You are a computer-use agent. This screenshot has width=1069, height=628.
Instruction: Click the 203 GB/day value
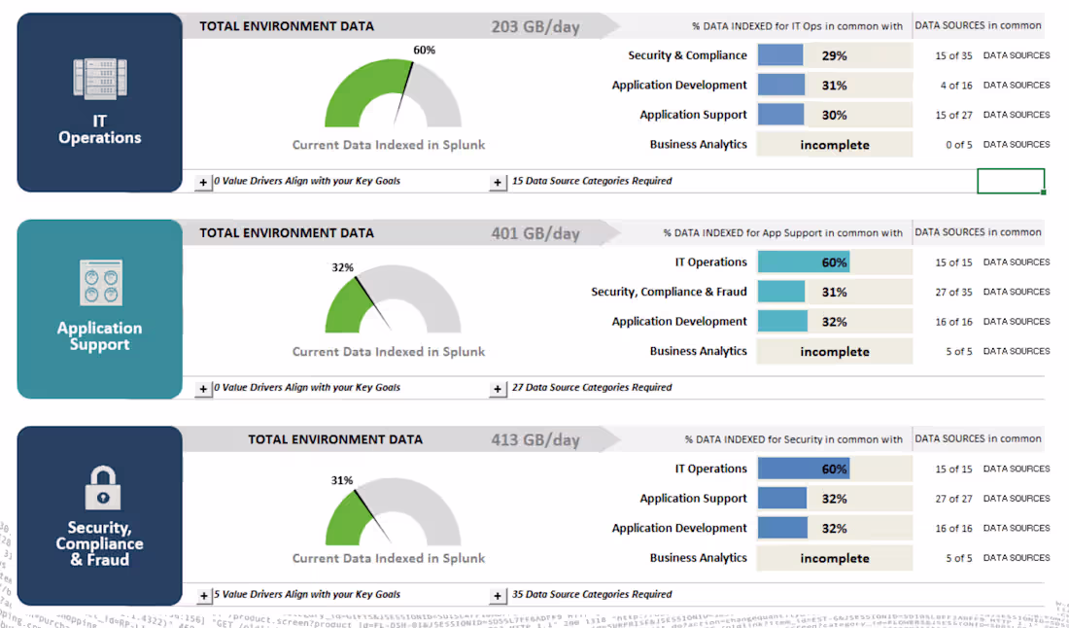click(x=535, y=26)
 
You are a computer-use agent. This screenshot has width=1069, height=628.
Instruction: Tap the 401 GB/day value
click(x=535, y=233)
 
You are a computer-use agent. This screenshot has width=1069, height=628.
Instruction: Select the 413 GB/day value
click(x=535, y=439)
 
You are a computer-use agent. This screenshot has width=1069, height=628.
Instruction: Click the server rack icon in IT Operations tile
click(x=100, y=77)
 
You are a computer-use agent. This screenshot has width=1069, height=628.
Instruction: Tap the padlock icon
click(x=100, y=488)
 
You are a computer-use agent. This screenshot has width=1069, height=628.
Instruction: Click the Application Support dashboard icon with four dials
click(x=100, y=283)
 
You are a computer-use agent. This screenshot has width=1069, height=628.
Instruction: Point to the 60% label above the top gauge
click(x=424, y=50)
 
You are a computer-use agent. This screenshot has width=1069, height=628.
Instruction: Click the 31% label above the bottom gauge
click(x=341, y=480)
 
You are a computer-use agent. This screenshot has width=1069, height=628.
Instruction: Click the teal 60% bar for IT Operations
click(x=803, y=262)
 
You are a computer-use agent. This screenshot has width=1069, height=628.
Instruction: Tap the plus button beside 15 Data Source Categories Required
click(x=498, y=182)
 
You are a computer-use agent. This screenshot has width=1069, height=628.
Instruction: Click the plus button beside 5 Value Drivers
click(x=204, y=595)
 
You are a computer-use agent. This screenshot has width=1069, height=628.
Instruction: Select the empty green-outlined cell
click(x=1011, y=181)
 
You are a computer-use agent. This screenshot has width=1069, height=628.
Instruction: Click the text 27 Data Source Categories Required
click(x=592, y=387)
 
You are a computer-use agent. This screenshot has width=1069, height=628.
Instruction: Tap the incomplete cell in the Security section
click(x=834, y=558)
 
